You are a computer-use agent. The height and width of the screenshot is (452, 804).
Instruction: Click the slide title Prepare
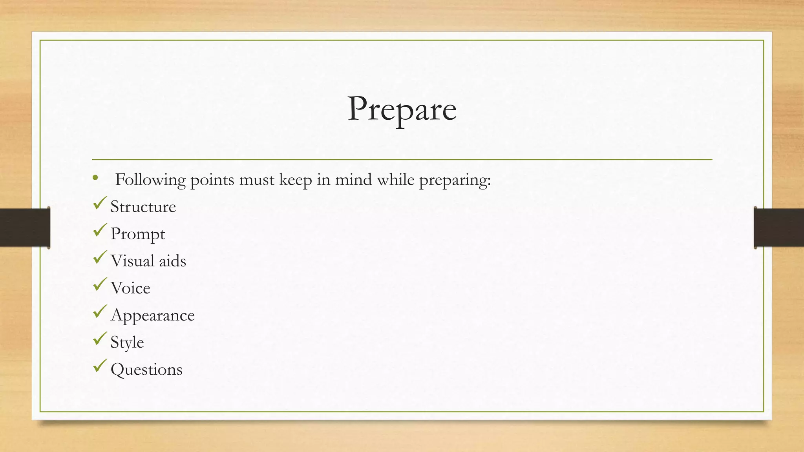pyautogui.click(x=402, y=109)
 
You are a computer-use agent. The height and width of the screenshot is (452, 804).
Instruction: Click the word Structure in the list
pyautogui.click(x=143, y=207)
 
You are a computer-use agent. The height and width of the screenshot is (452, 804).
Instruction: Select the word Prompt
pyautogui.click(x=138, y=234)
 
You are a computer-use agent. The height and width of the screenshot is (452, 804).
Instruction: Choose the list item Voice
pyautogui.click(x=130, y=288)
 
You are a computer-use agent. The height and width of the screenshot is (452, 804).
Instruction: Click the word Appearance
pyautogui.click(x=153, y=315)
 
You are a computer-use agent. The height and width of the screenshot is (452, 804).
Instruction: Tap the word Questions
pyautogui.click(x=146, y=370)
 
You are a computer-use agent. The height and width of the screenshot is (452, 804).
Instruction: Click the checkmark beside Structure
pyautogui.click(x=100, y=203)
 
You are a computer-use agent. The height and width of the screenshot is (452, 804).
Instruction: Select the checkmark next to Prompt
pyautogui.click(x=100, y=230)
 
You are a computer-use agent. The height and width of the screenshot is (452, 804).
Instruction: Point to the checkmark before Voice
pyautogui.click(x=100, y=284)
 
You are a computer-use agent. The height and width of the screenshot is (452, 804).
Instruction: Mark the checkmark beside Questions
pyautogui.click(x=100, y=366)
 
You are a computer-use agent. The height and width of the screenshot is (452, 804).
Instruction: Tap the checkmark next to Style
pyautogui.click(x=100, y=338)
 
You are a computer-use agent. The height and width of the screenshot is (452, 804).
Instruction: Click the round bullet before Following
pyautogui.click(x=95, y=179)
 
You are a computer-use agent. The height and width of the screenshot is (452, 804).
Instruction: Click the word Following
pyautogui.click(x=150, y=180)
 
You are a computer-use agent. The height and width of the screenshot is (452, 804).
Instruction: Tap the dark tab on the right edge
pyautogui.click(x=779, y=228)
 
